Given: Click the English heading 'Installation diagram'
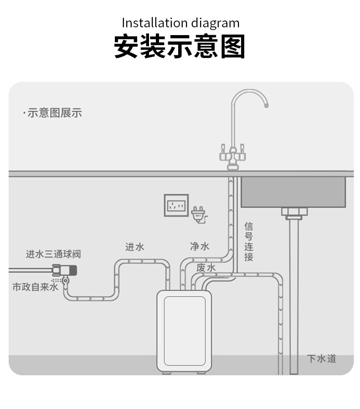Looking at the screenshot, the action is click(x=180, y=23).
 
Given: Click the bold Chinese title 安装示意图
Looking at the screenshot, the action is click(x=180, y=47).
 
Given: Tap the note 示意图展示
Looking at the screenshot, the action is click(x=55, y=113).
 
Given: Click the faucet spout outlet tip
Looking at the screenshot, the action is click(x=266, y=106).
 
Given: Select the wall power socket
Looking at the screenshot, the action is click(x=176, y=205).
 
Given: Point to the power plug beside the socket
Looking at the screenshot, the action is click(x=199, y=214).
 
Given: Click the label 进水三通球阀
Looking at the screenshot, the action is click(x=53, y=254).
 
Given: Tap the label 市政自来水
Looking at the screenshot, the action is click(x=35, y=287).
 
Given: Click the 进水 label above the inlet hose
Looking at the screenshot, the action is click(x=134, y=247).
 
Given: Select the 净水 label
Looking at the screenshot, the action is click(x=200, y=246).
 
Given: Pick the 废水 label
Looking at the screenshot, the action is click(x=206, y=268).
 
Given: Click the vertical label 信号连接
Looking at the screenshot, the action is click(x=249, y=242).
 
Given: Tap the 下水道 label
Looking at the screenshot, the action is click(x=322, y=358).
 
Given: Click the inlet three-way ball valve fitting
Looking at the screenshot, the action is click(x=64, y=271).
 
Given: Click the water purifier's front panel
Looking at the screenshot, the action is click(x=185, y=331).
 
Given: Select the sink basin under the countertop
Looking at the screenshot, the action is click(x=293, y=192).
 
